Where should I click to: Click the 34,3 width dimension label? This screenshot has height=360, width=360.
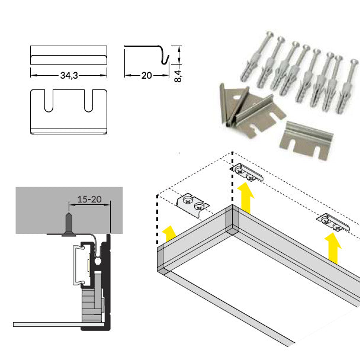[69, 75]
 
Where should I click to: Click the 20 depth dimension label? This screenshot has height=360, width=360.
[146, 75]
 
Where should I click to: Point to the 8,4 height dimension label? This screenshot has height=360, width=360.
[178, 76]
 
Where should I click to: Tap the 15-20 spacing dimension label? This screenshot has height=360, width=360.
[89, 200]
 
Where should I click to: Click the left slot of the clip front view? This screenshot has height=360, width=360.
[49, 101]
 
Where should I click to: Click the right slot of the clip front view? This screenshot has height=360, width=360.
[89, 101]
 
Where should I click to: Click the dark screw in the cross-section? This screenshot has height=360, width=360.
[69, 224]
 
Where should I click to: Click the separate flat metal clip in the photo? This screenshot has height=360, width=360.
[307, 140]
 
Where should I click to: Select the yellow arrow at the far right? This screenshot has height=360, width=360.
[332, 249]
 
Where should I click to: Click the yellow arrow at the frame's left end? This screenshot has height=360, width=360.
[169, 233]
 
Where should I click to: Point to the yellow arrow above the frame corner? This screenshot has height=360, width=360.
[246, 197]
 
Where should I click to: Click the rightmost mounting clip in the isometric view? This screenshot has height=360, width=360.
[333, 222]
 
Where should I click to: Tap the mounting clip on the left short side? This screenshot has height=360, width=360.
[192, 205]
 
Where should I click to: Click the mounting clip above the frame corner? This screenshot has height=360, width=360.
[246, 172]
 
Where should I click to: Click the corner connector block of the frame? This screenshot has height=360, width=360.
[232, 220]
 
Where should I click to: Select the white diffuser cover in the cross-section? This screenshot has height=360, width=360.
[78, 265]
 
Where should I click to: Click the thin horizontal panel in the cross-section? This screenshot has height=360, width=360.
[59, 324]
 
